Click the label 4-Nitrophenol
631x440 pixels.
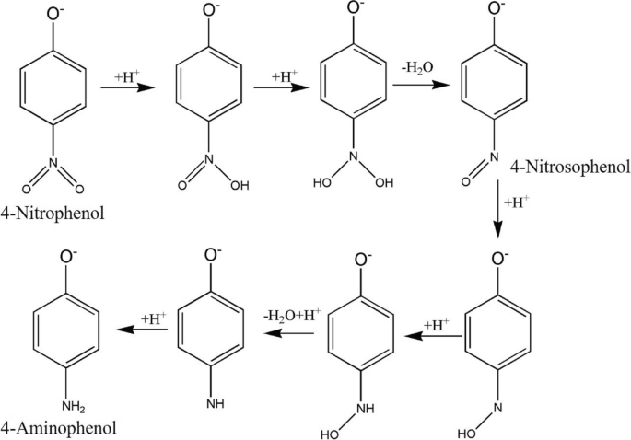pos(54,215)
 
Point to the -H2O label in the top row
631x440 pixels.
pos(413,68)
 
